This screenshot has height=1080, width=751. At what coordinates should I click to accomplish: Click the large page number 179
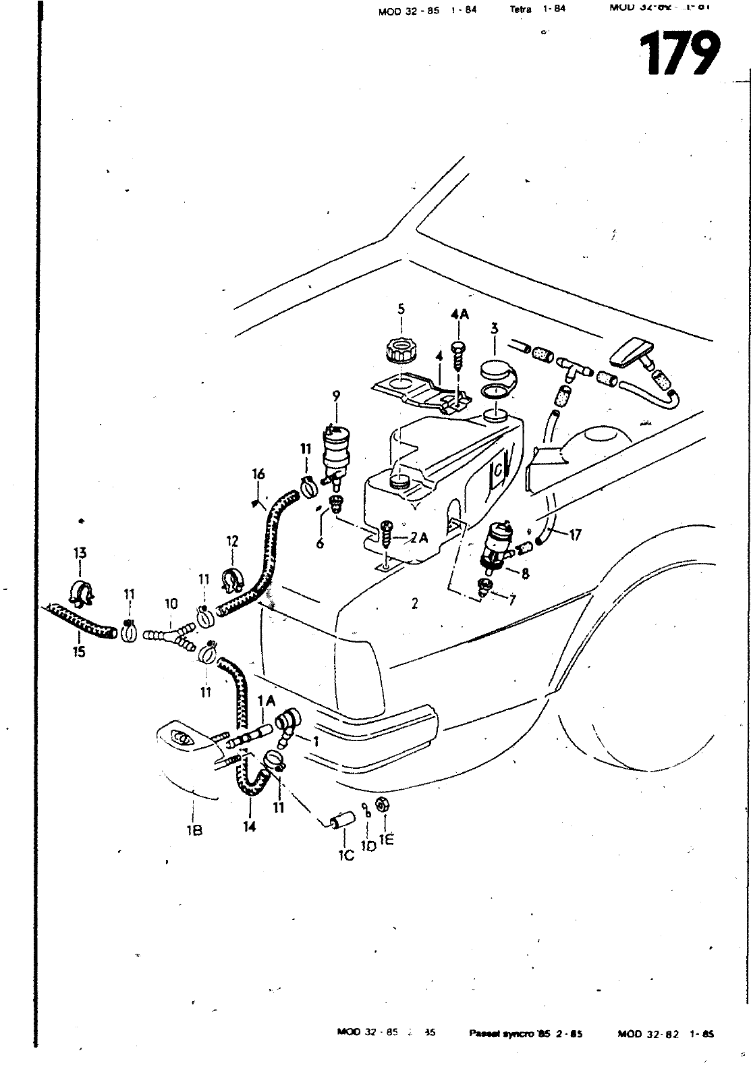pyautogui.click(x=678, y=53)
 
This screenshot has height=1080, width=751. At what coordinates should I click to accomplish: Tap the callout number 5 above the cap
pyautogui.click(x=401, y=310)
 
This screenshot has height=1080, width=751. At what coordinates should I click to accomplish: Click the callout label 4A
pyautogui.click(x=460, y=314)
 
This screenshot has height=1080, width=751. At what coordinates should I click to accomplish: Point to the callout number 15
pyautogui.click(x=79, y=652)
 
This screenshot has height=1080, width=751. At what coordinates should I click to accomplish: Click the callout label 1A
pyautogui.click(x=266, y=702)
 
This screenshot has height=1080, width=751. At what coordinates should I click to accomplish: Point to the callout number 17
pyautogui.click(x=575, y=535)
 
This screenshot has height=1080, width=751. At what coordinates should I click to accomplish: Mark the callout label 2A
pyautogui.click(x=419, y=537)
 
